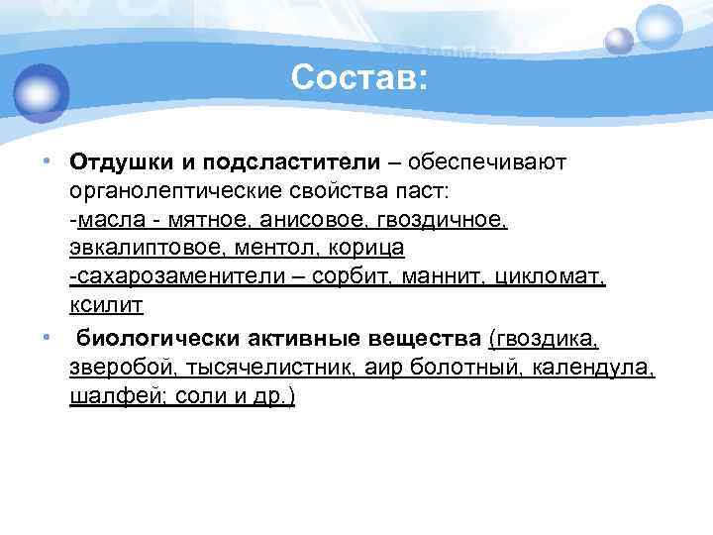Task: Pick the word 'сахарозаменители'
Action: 178,273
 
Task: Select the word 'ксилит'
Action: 107,302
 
